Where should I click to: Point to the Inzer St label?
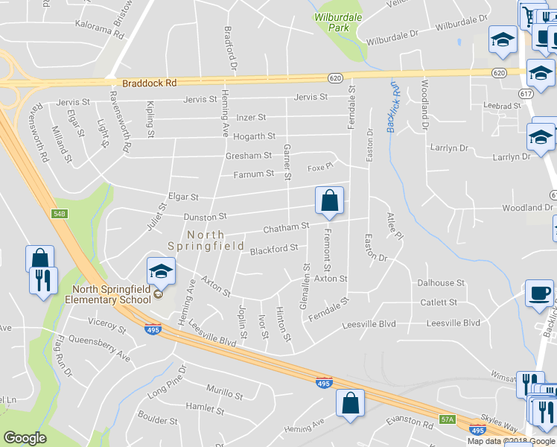tap(251, 118)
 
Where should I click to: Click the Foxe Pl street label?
tap(319, 168)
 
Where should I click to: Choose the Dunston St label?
tap(205, 217)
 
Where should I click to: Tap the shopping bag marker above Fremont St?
tap(329, 201)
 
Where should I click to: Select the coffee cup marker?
tap(539, 294)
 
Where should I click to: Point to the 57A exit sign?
tap(447, 419)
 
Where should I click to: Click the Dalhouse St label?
tap(441, 283)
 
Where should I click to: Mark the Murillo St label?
tap(224, 393)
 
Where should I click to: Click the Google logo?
tap(25, 438)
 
